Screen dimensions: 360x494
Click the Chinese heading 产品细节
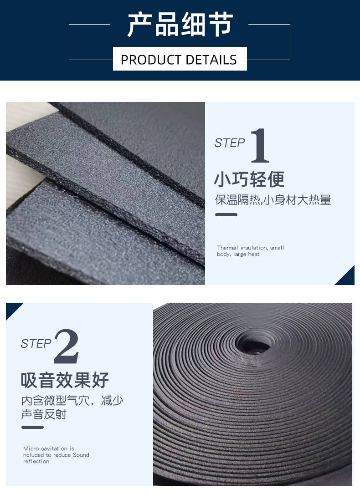pyautogui.click(x=180, y=25)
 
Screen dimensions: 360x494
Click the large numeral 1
pyautogui.click(x=260, y=146)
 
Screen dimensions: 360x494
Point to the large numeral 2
pyautogui.click(x=67, y=346)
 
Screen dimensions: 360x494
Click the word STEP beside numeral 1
pyautogui.click(x=230, y=143)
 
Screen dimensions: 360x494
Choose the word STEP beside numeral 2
pyautogui.click(x=36, y=344)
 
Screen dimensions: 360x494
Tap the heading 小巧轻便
pyautogui.click(x=249, y=179)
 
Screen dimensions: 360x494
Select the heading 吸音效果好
pyautogui.click(x=65, y=380)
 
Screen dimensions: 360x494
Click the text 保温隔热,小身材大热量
pyautogui.click(x=273, y=200)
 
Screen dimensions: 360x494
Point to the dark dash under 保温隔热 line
pyautogui.click(x=226, y=215)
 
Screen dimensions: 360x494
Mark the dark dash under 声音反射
pyautogui.click(x=32, y=427)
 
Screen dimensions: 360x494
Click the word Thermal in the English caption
pyautogui.click(x=227, y=248)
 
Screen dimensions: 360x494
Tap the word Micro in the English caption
pyautogui.click(x=31, y=448)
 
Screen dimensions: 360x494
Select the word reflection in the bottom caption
pyautogui.click(x=36, y=461)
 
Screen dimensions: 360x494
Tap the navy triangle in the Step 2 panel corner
pyautogui.click(x=12, y=309)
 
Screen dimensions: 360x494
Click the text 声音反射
pyautogui.click(x=44, y=414)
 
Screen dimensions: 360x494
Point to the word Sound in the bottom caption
pyautogui.click(x=81, y=455)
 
